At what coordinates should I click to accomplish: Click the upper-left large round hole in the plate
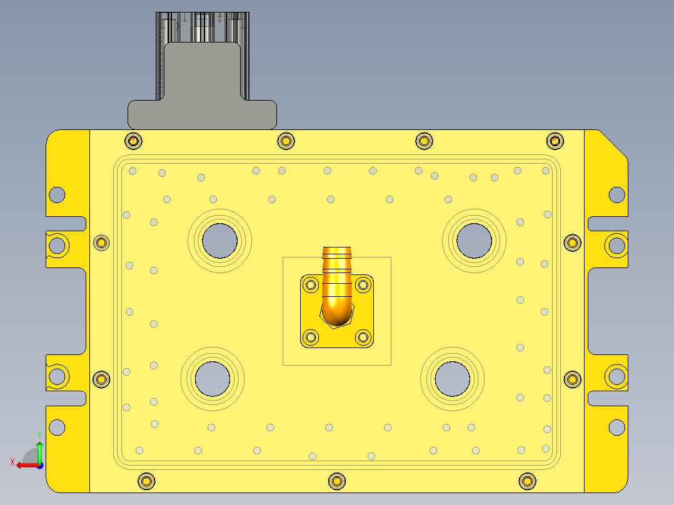220,241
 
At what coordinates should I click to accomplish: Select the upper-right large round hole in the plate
474,240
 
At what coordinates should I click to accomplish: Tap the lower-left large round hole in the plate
212,379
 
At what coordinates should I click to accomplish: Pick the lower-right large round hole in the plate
452,378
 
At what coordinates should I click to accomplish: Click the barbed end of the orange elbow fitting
337,253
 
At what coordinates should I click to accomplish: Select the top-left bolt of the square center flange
311,286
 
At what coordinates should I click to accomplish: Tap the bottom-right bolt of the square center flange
363,337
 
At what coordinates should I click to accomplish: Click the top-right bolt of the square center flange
363,286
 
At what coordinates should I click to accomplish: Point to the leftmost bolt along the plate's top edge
133,141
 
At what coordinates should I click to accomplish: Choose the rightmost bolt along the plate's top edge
555,141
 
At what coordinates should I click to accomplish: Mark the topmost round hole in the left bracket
57,194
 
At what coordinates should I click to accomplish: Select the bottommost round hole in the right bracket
617,427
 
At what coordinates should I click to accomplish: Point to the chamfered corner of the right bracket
613,143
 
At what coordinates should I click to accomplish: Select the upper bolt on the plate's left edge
101,242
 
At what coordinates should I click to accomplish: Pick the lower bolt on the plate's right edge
572,379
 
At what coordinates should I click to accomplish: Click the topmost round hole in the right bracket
617,194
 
